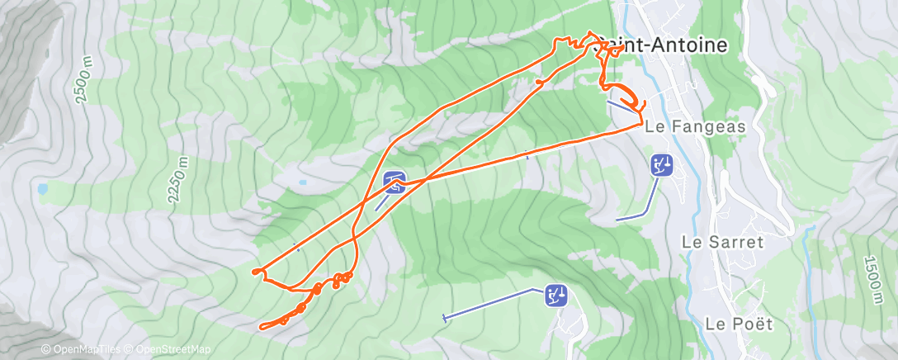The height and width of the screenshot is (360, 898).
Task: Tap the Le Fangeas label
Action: pos(695,127)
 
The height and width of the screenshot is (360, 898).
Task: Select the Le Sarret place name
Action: pos(723,242)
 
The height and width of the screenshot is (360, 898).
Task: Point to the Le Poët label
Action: pos(739,323)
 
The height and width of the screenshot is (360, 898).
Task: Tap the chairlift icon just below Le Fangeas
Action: pos(662,165)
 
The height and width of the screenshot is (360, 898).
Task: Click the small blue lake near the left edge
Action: pos(42,189)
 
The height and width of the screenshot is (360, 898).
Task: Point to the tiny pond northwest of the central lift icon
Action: pos(303,182)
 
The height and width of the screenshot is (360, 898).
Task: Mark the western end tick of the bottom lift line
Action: pos(446,318)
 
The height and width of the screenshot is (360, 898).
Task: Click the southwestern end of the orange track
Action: pos(262,328)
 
